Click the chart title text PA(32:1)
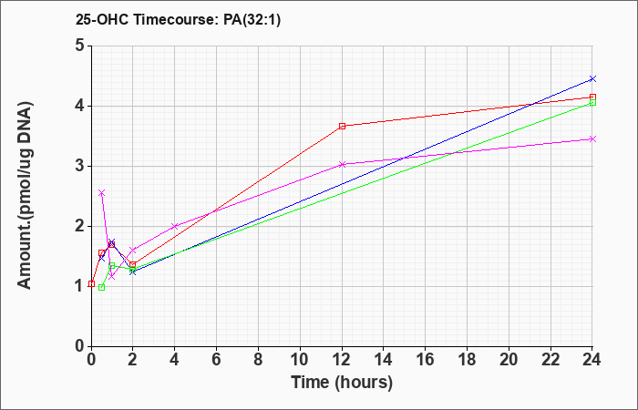pos(252,20)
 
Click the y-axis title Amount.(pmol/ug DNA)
pos(25,196)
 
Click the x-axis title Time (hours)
pos(342,383)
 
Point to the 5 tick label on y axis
pos(80,46)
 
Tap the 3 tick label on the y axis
pos(80,166)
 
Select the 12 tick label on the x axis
pos(342,360)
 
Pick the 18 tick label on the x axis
pos(467,360)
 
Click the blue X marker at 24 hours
pos(592,78)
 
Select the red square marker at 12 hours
pos(342,126)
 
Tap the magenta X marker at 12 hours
pos(342,164)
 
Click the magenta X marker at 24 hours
pos(592,139)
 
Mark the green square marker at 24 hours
pos(592,102)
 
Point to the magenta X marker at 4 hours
pos(175,226)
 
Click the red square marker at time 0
pos(91,284)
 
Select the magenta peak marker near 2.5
pos(102,193)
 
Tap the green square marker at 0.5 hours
pos(102,288)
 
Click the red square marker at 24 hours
pos(592,97)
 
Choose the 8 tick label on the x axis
pos(258,360)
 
